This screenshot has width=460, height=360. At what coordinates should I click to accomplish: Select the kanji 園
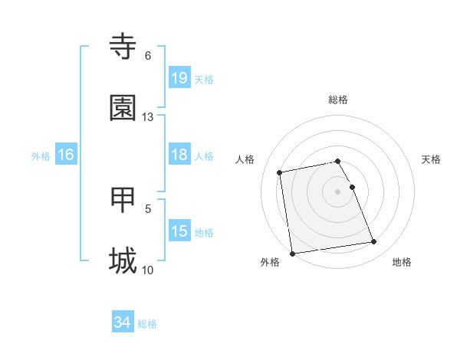[x=123, y=108]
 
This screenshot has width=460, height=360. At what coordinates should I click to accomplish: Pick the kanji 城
[x=123, y=260]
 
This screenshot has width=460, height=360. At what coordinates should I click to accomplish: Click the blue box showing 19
[x=179, y=77]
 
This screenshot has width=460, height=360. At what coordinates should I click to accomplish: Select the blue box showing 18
[x=179, y=155]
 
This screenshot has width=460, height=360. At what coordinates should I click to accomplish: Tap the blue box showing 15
[x=179, y=231]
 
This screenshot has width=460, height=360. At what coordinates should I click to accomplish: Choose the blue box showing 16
[x=66, y=155]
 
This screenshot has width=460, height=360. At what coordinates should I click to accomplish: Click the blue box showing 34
[x=122, y=322]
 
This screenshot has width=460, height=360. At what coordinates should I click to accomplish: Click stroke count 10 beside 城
[x=147, y=270]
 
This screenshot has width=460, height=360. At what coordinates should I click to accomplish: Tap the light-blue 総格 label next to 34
[x=147, y=324]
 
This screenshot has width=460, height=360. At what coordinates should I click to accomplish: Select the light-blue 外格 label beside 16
[x=41, y=155]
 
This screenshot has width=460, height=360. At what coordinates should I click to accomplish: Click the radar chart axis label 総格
[x=338, y=100]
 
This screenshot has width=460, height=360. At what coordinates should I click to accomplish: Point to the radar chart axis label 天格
[x=432, y=159]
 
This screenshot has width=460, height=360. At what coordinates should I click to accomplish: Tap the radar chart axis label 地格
[x=402, y=262]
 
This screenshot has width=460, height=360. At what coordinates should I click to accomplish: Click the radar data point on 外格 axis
[x=292, y=253]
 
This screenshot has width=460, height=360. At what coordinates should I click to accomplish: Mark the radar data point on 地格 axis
[x=373, y=242]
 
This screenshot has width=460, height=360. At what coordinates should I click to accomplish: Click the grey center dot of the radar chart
[x=338, y=191]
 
